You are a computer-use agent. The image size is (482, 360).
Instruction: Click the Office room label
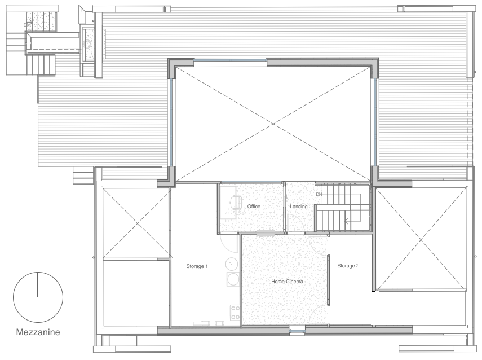(254, 207)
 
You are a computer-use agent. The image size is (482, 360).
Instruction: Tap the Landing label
(298, 207)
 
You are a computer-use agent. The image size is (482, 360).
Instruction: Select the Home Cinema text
(287, 282)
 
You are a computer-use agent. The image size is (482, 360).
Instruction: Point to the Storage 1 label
(197, 266)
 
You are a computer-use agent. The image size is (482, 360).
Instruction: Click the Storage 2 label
(347, 266)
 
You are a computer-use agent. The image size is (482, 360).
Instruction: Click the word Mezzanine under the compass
(38, 332)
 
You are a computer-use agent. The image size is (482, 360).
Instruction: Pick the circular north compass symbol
(38, 297)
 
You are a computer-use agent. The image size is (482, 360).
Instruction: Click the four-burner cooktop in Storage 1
(235, 312)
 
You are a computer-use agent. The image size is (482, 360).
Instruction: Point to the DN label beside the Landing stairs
(319, 195)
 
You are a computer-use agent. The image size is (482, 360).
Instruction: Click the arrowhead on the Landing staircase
(346, 221)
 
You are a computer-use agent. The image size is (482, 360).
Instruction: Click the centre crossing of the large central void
(273, 124)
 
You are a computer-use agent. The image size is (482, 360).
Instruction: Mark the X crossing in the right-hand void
(421, 239)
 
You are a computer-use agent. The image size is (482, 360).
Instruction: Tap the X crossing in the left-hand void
(136, 223)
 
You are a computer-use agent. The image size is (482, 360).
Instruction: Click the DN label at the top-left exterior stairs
(26, 25)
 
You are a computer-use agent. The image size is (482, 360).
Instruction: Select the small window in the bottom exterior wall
(297, 331)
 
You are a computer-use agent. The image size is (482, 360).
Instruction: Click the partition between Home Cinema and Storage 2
(328, 280)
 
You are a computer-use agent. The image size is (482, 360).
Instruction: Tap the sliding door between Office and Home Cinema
(266, 233)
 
